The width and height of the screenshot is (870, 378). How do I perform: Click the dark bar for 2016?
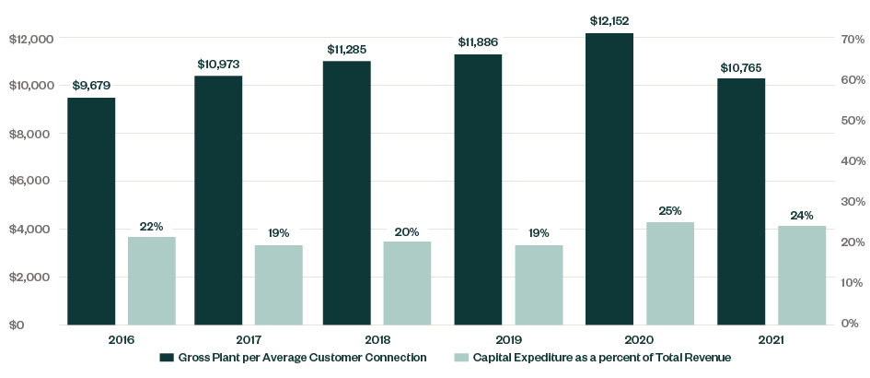(91, 211)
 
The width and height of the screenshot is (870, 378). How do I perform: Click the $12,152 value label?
(609, 19)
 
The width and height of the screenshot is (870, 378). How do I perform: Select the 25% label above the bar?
(670, 210)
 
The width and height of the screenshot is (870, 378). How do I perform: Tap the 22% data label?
(151, 226)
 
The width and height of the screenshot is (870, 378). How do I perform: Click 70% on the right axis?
(850, 40)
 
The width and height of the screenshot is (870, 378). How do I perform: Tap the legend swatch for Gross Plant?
(167, 358)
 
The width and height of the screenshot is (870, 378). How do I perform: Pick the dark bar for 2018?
(346, 193)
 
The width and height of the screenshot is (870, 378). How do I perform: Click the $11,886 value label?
(479, 42)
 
